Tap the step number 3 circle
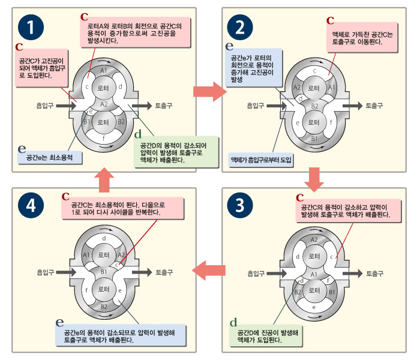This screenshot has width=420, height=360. [240, 206]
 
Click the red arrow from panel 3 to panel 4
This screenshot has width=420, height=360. [209, 271]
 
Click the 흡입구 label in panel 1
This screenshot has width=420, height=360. [45, 105]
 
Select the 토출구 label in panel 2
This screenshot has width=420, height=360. [376, 105]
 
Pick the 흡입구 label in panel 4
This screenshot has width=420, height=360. [46, 272]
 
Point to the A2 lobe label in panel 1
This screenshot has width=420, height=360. [104, 104]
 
